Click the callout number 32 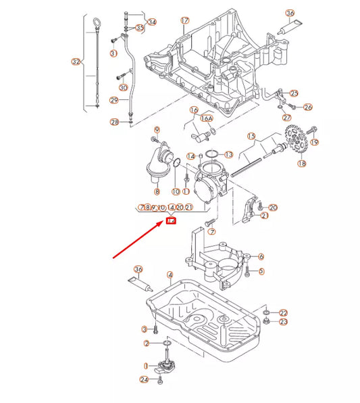pos(76,62)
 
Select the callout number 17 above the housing pos(184,20)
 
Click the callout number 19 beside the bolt pos(314,142)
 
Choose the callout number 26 pos(308,107)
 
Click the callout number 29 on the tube pos(114,101)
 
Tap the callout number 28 pos(114,122)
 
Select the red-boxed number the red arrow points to pos(171,220)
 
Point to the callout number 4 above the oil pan pos(170,275)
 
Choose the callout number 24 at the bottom pos(144,379)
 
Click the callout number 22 pos(283,312)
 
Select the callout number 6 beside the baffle pos(261,256)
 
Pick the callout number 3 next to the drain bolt pos(144,329)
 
